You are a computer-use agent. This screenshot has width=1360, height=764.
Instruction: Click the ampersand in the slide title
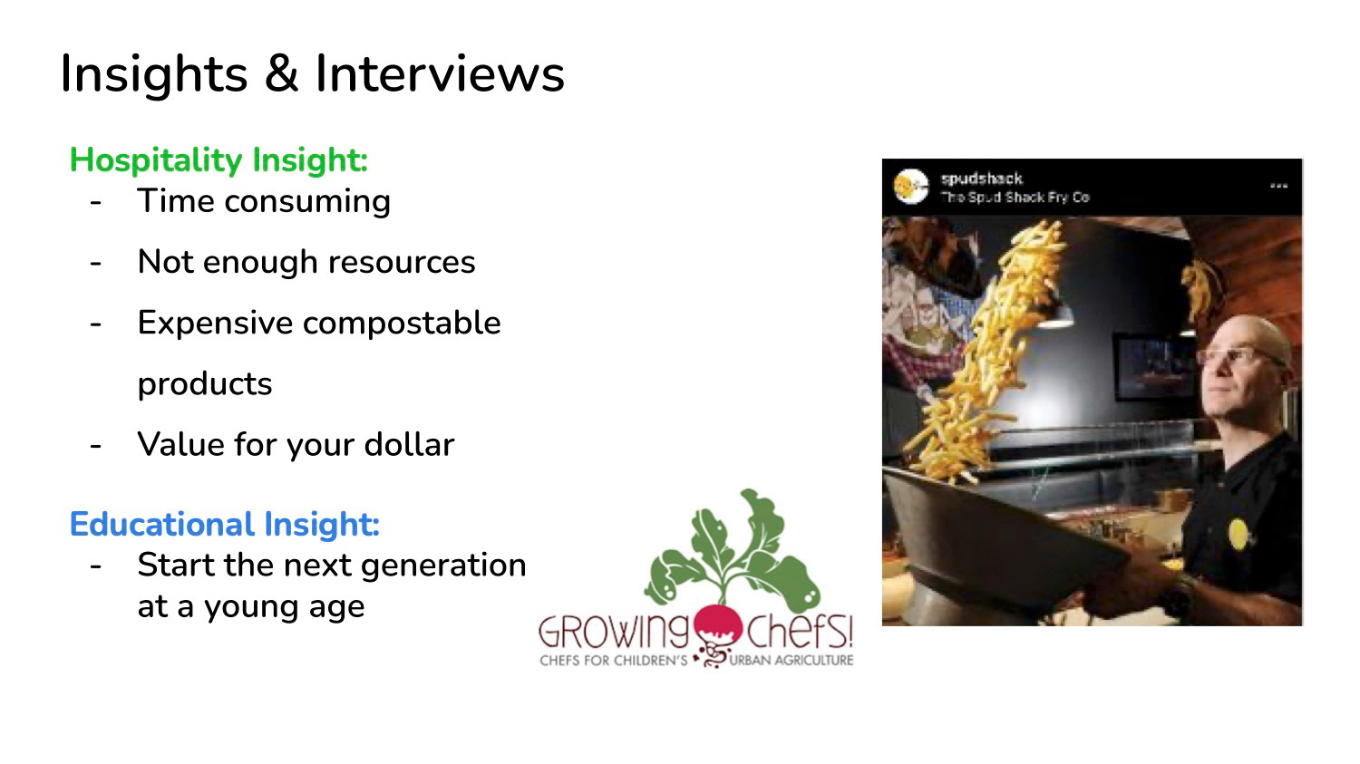tap(281, 73)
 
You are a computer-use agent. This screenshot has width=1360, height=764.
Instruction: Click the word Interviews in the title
tap(440, 73)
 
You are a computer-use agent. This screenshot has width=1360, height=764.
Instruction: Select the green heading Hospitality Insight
tap(219, 160)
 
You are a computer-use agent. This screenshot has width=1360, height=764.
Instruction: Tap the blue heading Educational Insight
tap(225, 525)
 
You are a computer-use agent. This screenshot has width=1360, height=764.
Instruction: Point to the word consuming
tap(307, 201)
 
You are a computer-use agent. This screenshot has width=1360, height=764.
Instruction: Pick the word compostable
tap(402, 323)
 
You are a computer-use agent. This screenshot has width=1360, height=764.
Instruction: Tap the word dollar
tap(409, 443)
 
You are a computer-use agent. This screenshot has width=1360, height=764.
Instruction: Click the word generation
tap(443, 566)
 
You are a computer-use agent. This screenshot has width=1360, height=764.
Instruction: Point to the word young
tap(251, 608)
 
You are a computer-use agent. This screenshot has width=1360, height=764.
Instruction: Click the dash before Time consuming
tap(95, 203)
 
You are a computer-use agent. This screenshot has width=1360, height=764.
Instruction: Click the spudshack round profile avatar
tap(910, 187)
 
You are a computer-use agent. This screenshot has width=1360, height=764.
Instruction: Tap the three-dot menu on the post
tap(1278, 186)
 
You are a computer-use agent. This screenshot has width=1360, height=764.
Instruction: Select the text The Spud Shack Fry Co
tap(1015, 198)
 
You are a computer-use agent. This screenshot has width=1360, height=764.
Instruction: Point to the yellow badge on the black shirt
tap(1238, 534)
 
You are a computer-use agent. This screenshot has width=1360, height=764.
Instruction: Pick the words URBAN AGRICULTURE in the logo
tap(792, 661)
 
